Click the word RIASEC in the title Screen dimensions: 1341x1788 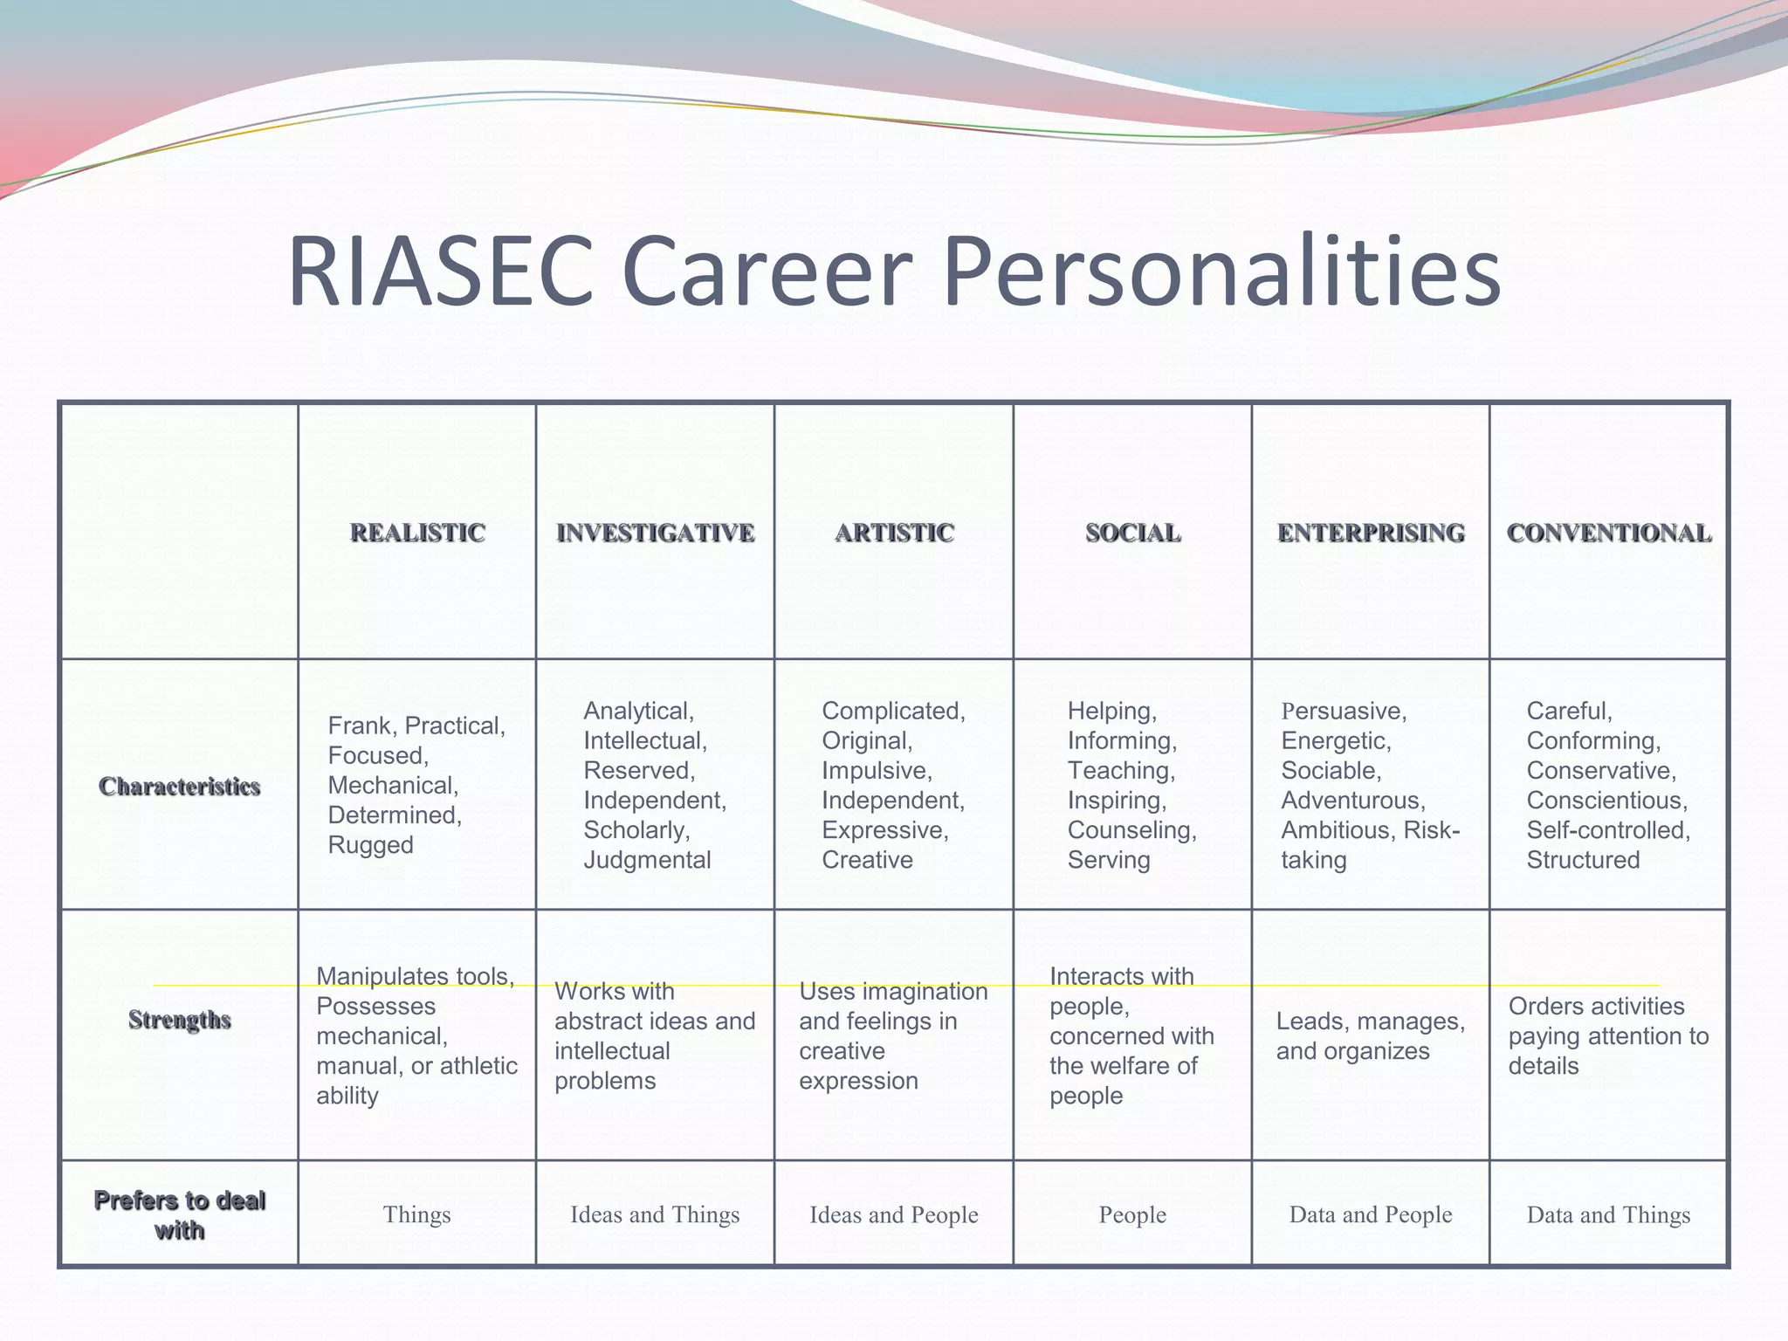[x=441, y=272]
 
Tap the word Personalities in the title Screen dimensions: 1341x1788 [x=1221, y=272]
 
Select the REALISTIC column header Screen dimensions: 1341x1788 [x=417, y=533]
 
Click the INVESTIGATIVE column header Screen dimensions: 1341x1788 [x=655, y=533]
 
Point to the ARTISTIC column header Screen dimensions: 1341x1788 [x=894, y=533]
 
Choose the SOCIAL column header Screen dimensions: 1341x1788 [x=1132, y=533]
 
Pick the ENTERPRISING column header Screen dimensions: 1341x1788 [x=1371, y=533]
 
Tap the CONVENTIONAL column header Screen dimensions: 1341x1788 [x=1608, y=533]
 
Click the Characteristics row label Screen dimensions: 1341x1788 [x=179, y=787]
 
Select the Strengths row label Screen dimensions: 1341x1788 [x=179, y=1020]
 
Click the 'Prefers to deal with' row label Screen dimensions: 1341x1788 [x=179, y=1214]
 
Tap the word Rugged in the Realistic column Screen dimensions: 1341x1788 [x=370, y=845]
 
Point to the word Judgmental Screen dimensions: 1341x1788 [x=647, y=860]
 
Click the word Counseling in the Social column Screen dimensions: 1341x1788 [x=1131, y=830]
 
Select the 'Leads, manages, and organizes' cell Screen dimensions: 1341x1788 [x=1370, y=1036]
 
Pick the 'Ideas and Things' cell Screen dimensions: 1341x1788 [x=655, y=1214]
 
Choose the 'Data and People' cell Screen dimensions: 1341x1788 [x=1371, y=1214]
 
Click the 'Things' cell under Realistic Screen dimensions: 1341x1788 [x=416, y=1214]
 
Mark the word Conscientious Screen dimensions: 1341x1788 [x=1606, y=801]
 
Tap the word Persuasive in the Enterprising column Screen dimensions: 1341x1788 [x=1344, y=712]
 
